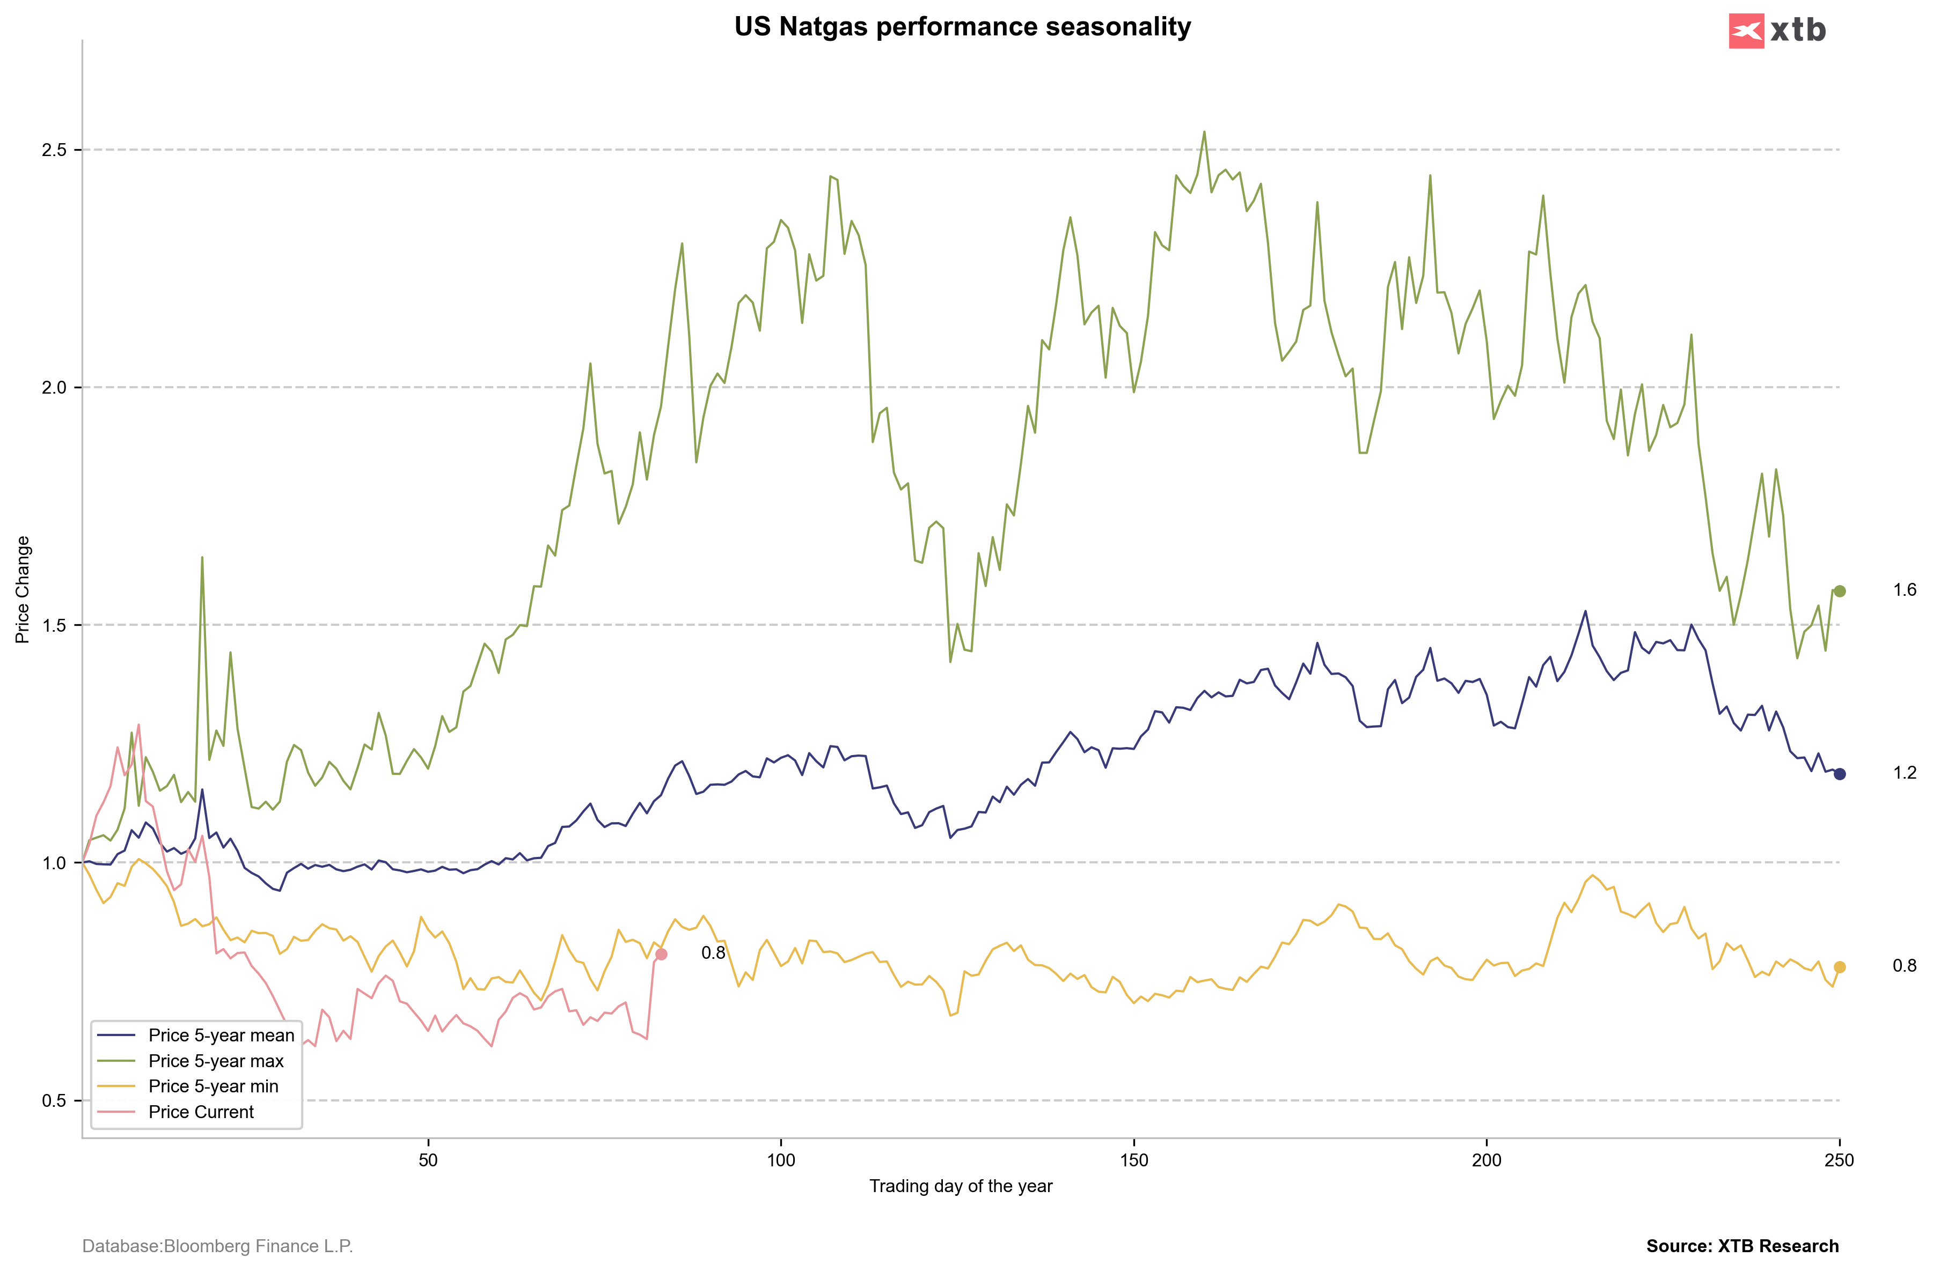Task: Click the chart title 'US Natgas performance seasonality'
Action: tap(962, 27)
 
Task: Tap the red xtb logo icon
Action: tap(1746, 31)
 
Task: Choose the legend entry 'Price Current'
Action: tap(201, 1112)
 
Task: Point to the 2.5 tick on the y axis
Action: tap(54, 150)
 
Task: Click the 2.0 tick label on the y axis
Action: tap(54, 388)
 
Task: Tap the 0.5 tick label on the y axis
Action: tap(54, 1101)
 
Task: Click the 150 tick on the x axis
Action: tap(1134, 1160)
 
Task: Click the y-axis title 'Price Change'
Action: tap(23, 589)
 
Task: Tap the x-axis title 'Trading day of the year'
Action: tap(961, 1186)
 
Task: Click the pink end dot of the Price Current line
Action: tap(661, 954)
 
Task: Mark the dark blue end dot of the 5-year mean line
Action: tap(1840, 774)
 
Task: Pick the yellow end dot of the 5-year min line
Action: tap(1840, 967)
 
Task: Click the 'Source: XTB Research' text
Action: tap(1742, 1246)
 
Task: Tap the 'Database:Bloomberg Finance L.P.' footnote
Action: tap(218, 1246)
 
